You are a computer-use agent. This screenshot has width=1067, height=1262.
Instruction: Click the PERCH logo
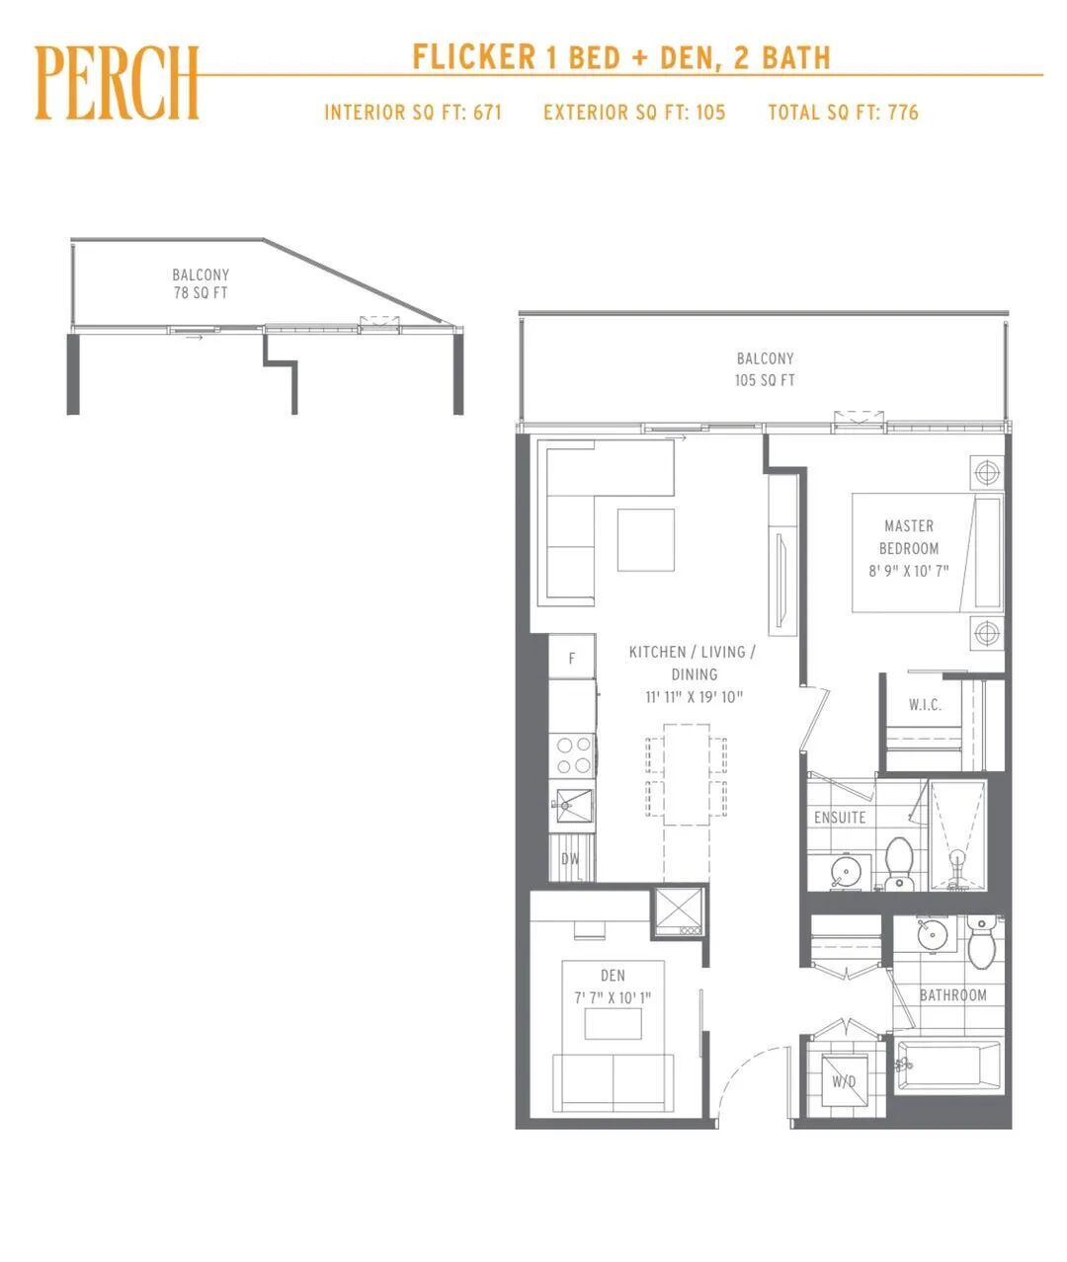(117, 82)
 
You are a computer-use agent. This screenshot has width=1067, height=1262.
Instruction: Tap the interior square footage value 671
(487, 113)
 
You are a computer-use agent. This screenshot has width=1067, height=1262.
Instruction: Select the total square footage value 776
(903, 113)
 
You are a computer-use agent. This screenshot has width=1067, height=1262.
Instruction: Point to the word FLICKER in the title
(473, 57)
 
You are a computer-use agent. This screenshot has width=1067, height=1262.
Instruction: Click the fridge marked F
(572, 657)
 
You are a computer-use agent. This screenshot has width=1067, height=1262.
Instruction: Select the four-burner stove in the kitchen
(572, 755)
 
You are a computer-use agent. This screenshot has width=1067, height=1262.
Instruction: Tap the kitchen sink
(572, 806)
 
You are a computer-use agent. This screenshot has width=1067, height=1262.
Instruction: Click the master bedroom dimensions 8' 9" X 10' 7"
(909, 571)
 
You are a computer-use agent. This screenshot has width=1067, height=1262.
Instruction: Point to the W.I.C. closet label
(925, 705)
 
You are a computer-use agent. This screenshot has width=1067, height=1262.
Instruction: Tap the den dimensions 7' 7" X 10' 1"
(613, 998)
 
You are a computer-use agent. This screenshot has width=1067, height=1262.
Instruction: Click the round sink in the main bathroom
(932, 935)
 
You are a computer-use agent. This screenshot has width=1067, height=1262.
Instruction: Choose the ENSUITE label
(840, 818)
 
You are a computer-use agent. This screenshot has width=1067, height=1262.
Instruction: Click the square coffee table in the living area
(645, 540)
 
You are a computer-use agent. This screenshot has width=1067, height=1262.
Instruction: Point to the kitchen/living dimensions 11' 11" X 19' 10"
(694, 697)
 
